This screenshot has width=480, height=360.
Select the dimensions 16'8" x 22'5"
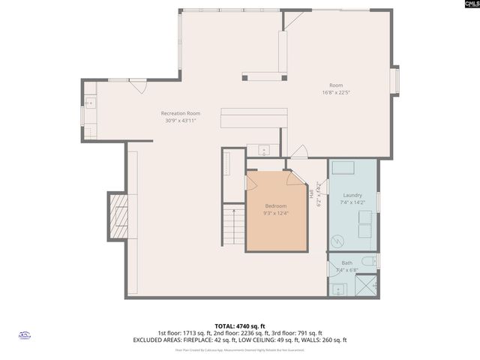[336, 92]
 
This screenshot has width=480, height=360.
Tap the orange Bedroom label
[275, 206]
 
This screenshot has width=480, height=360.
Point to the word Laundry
[352, 195]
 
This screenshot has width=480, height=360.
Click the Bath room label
[346, 263]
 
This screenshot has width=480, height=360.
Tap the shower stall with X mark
[367, 286]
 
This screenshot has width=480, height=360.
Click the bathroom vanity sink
[337, 288]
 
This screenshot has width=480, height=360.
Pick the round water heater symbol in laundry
[339, 241]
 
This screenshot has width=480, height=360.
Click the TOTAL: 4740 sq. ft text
[240, 325]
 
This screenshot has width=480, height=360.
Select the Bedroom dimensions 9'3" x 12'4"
[275, 213]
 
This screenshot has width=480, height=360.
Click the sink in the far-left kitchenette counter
[90, 103]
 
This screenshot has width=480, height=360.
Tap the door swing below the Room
[298, 152]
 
